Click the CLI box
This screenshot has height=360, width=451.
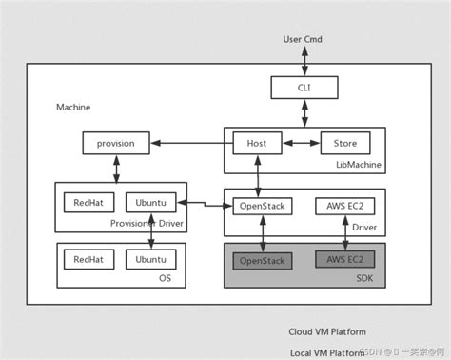click(x=304, y=89)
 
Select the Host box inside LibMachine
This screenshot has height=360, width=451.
click(x=258, y=144)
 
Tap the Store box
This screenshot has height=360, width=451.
click(x=344, y=144)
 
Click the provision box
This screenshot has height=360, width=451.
click(x=116, y=144)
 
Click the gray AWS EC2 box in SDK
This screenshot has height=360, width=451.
click(x=344, y=259)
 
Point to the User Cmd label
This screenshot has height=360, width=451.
click(x=304, y=39)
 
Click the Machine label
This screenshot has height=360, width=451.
click(x=73, y=107)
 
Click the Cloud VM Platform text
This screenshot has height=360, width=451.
click(x=326, y=332)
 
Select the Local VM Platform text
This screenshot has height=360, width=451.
click(x=326, y=352)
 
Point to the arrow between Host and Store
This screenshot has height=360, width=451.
click(x=301, y=144)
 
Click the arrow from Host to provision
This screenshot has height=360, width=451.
click(x=191, y=144)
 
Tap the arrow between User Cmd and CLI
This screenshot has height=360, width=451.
click(x=304, y=61)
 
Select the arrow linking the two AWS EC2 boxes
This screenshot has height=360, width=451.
click(x=344, y=233)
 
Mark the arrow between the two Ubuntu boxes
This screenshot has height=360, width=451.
click(x=151, y=231)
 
